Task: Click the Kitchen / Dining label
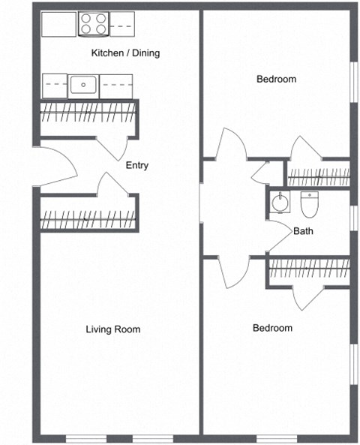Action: (x=125, y=53)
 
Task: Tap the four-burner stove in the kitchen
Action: (x=94, y=24)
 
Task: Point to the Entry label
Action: (x=137, y=166)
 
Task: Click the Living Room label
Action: (x=112, y=329)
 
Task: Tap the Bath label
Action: (x=303, y=231)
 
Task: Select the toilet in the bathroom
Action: (x=309, y=203)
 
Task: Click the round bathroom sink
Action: (x=279, y=202)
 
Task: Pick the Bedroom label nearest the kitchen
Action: (x=276, y=79)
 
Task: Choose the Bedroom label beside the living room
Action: (x=271, y=328)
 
